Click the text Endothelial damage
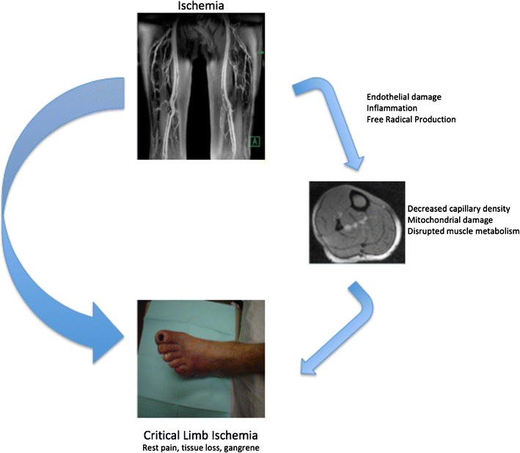tap(407, 96)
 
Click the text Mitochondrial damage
tap(449, 219)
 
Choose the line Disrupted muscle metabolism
tap(462, 231)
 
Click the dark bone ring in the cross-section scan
tap(362, 199)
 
